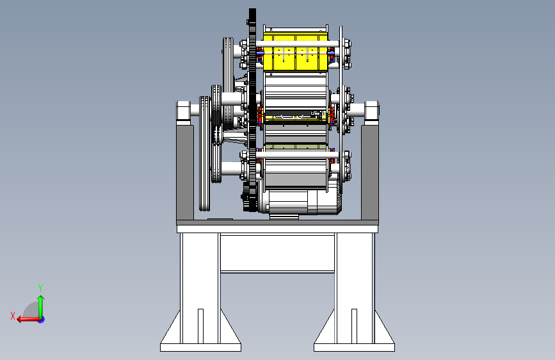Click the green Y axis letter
[40, 288]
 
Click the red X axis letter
[13, 316]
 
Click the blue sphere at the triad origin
[42, 320]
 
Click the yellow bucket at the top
[296, 52]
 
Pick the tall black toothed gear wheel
[252, 110]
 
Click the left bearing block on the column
[183, 112]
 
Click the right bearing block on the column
[372, 112]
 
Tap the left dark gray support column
[185, 172]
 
